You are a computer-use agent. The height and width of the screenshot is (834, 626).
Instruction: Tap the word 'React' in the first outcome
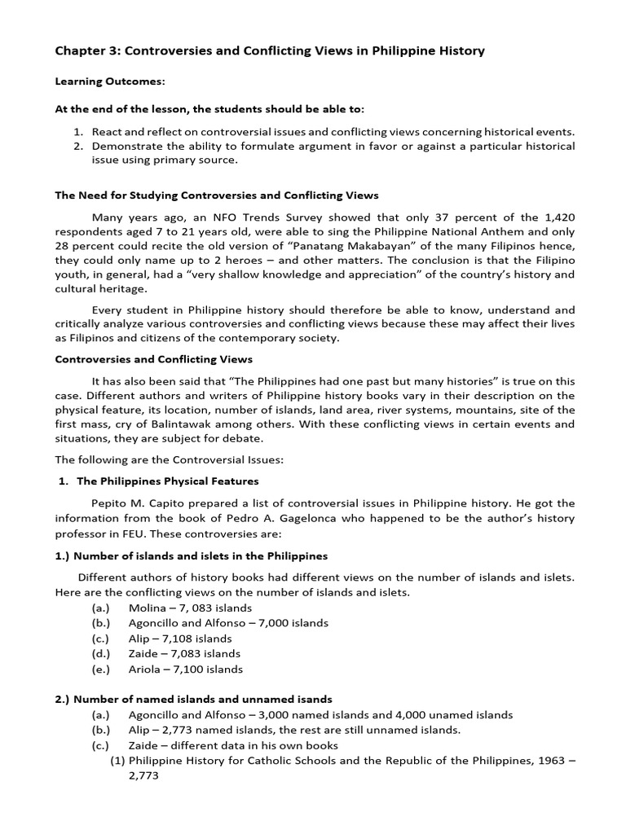tap(108, 132)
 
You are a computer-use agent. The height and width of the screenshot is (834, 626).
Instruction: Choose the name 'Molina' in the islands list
tap(147, 608)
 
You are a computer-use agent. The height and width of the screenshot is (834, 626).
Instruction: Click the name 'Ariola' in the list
tap(145, 669)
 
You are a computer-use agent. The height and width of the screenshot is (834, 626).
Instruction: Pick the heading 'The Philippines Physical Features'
tap(166, 481)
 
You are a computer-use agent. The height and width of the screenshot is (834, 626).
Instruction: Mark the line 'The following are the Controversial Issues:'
tap(169, 460)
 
